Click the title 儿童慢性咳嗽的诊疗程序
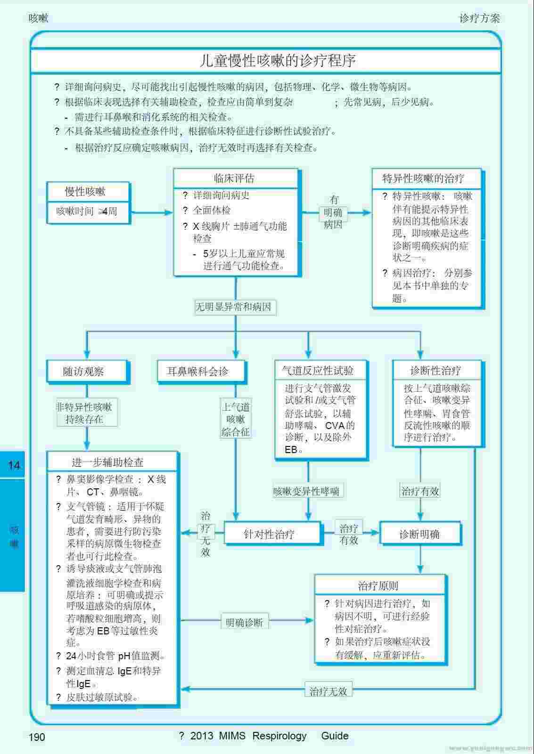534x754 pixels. point(277,61)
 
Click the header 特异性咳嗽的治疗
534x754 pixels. point(423,178)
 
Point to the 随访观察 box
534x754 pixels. point(83,371)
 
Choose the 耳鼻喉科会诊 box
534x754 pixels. point(197,371)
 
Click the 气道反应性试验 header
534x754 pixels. point(318,371)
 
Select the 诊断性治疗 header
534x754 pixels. point(435,371)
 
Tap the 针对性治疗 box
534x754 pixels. point(269,534)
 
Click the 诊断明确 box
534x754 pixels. point(419,534)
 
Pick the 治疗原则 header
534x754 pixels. point(378,586)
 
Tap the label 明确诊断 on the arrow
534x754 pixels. point(244,622)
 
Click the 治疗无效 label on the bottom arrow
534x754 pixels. point(328,691)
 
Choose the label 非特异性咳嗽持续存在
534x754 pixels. point(84,413)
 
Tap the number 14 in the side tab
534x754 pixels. point(14,465)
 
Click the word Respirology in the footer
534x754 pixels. point(279,736)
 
